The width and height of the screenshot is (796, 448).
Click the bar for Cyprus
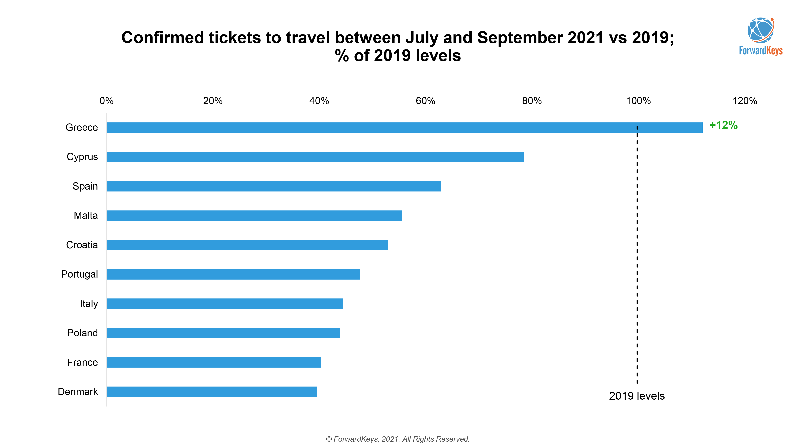pos(315,157)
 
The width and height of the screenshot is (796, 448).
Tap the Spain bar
pos(274,186)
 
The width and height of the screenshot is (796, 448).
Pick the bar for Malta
pos(254,215)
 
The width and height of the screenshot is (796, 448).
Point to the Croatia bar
pos(247,245)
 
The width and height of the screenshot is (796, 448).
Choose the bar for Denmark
pos(212,392)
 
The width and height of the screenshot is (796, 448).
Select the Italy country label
pos(89,304)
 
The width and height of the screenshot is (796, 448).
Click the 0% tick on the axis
pos(106,101)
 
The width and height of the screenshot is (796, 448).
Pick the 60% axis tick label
pos(425,101)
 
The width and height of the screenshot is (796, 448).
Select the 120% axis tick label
pos(745,101)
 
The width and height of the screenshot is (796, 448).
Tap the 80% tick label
pos(532,101)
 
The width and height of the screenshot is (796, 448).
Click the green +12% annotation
pos(723,125)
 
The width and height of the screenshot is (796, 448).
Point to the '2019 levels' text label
pos(637,396)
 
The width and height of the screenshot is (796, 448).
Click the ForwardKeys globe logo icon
pos(760,30)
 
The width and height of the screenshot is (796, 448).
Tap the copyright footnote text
pos(398,439)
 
